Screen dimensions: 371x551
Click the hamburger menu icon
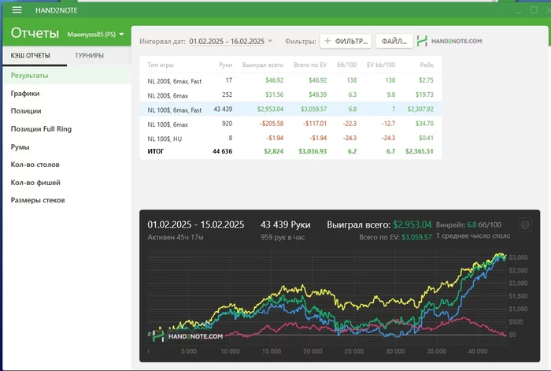click(x=17, y=9)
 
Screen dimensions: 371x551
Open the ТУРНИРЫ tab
click(x=89, y=55)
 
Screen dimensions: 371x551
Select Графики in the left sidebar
click(x=25, y=93)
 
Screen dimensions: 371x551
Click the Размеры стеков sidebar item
click(x=38, y=200)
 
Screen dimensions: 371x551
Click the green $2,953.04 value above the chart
click(x=414, y=224)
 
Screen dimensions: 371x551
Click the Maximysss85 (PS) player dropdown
click(x=96, y=35)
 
